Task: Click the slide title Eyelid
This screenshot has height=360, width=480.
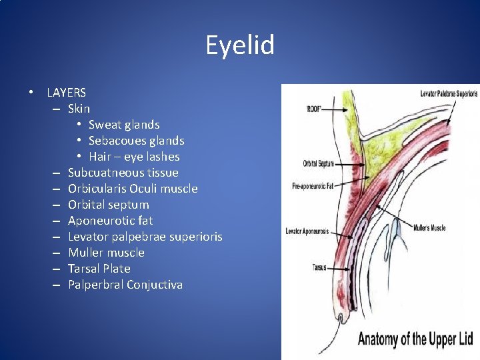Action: (240, 46)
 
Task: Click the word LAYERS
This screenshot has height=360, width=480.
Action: (66, 93)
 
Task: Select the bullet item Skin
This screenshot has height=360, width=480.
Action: (79, 109)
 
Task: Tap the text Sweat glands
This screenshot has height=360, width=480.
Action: (124, 125)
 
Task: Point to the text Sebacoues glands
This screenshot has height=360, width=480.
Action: (136, 141)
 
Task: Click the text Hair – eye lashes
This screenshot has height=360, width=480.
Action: (134, 157)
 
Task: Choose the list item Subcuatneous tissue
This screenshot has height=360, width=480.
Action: (123, 173)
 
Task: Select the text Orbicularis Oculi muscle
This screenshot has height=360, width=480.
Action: (133, 189)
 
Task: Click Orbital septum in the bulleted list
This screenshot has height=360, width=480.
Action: (108, 205)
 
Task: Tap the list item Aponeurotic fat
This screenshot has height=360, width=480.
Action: (110, 221)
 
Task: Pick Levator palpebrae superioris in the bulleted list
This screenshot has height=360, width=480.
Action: (145, 237)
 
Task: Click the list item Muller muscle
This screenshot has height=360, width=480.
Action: (106, 253)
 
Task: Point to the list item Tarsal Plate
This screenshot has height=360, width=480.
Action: (99, 269)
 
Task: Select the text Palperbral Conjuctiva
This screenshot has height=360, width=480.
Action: (125, 285)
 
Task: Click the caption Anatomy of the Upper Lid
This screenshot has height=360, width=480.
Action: (415, 339)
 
